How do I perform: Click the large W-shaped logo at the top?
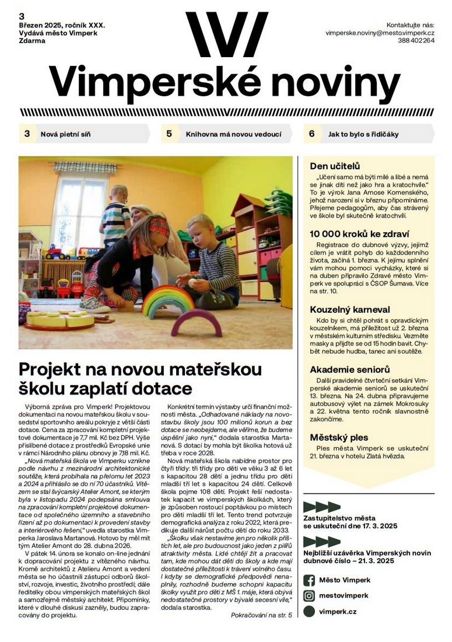pyautogui.click(x=226, y=34)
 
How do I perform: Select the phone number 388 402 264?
pyautogui.click(x=416, y=41)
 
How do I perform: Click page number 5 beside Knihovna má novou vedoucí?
pyautogui.click(x=169, y=134)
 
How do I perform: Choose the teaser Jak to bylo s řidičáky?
pyautogui.click(x=363, y=134)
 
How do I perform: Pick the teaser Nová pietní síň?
pyautogui.click(x=65, y=134)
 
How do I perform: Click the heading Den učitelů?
pyautogui.click(x=335, y=166)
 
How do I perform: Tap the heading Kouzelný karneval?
pyautogui.click(x=350, y=309)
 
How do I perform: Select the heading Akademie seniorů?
pyautogui.click(x=349, y=369)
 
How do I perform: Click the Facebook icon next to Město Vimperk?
pyautogui.click(x=309, y=580)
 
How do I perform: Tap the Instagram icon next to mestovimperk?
pyautogui.click(x=309, y=596)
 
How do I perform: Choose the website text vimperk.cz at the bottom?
pyautogui.click(x=338, y=612)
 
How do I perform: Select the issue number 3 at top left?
pyautogui.click(x=22, y=16)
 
